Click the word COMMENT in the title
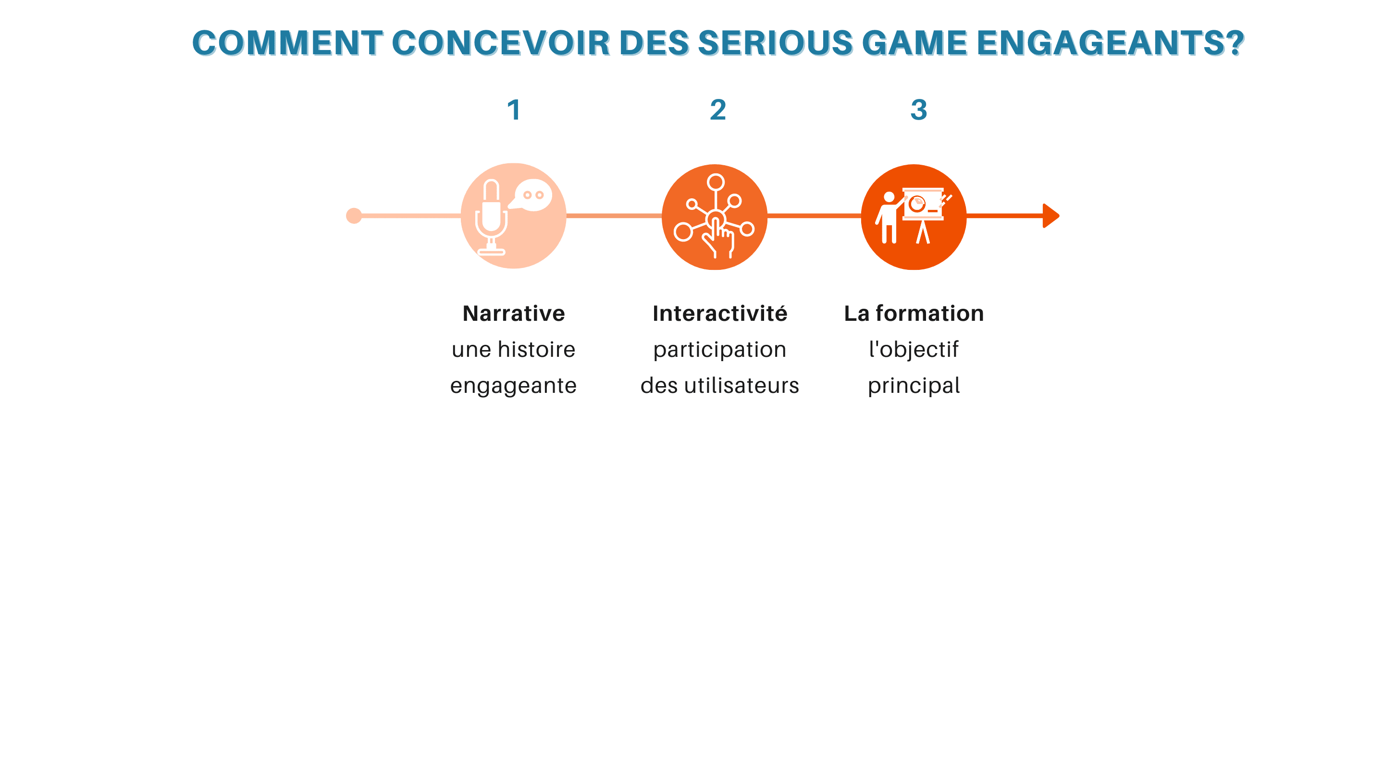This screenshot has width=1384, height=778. (x=287, y=43)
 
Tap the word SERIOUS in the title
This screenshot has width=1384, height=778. (x=775, y=43)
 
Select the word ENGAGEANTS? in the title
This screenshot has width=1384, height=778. (x=1110, y=43)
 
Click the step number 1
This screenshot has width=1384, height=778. (x=514, y=110)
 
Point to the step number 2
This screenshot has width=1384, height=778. (x=718, y=110)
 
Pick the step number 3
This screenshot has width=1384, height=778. (x=919, y=110)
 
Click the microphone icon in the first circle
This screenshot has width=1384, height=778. (x=491, y=217)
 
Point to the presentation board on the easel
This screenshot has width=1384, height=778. (x=923, y=204)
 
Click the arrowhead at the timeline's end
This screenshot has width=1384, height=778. (x=1051, y=216)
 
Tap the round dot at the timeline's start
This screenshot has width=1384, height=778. (x=354, y=216)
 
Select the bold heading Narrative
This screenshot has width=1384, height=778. (x=514, y=314)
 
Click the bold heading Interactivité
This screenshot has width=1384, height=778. (x=720, y=314)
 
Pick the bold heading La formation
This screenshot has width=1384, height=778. (x=914, y=314)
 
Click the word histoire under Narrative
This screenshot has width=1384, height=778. (x=537, y=350)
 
